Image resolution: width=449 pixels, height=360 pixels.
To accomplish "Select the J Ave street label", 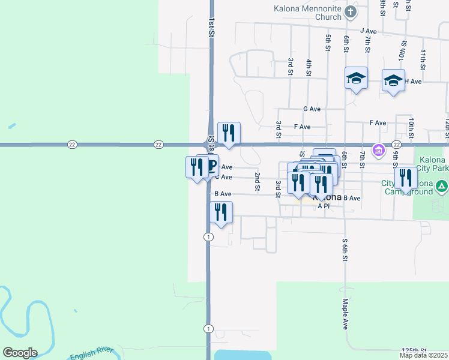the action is click(367, 31).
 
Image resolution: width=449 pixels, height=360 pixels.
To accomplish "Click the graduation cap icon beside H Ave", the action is click(393, 80).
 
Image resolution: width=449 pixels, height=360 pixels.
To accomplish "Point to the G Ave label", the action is click(312, 109).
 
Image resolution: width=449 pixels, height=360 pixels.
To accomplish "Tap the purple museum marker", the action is click(378, 149).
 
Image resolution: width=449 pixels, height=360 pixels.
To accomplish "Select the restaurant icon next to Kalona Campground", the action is click(406, 178).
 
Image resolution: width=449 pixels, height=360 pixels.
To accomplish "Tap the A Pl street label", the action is click(324, 206).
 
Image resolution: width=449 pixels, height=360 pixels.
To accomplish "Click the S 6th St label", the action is click(345, 248).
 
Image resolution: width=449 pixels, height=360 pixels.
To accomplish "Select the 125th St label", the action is click(414, 349).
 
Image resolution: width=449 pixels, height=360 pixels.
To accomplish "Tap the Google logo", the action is click(19, 353).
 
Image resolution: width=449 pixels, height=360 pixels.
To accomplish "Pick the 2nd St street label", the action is click(257, 181).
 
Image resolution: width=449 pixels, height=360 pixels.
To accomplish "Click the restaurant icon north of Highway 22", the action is click(229, 133).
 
